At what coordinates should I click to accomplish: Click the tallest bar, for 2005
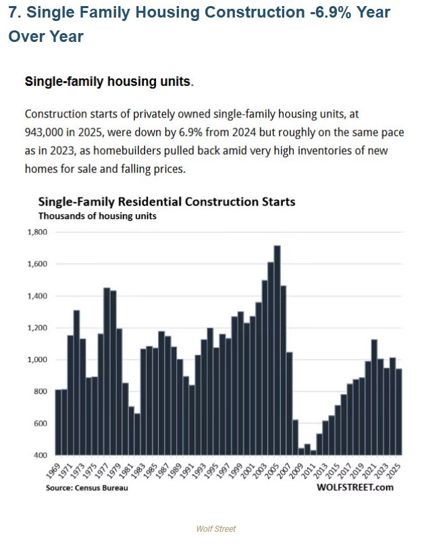pos(277,351)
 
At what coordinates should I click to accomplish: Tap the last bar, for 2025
pos(398,412)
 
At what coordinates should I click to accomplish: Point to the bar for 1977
pos(107,372)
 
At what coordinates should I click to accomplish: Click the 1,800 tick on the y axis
pos(37,232)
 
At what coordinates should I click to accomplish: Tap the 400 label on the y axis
pos(41,455)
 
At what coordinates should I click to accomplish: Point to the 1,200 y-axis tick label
pos(37,328)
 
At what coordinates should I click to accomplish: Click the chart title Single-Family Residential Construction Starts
pos(166,201)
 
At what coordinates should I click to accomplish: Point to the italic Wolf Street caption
pos(216,528)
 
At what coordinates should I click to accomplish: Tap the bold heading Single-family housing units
pos(109,81)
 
